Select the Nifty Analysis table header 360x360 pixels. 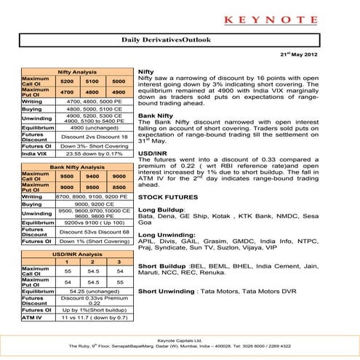pyautogui.click(x=75, y=72)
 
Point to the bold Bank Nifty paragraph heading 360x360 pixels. pyautogui.click(x=154, y=116)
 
